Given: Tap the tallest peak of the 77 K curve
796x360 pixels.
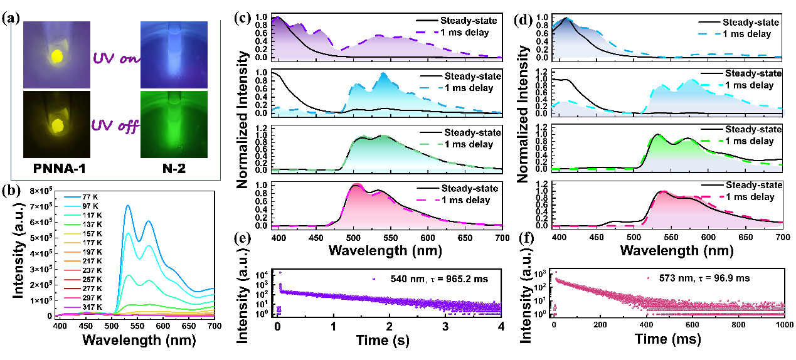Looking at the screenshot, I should tap(127, 206).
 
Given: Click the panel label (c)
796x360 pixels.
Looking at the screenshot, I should tap(238, 18).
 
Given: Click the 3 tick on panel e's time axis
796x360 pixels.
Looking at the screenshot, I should tap(445, 326).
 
